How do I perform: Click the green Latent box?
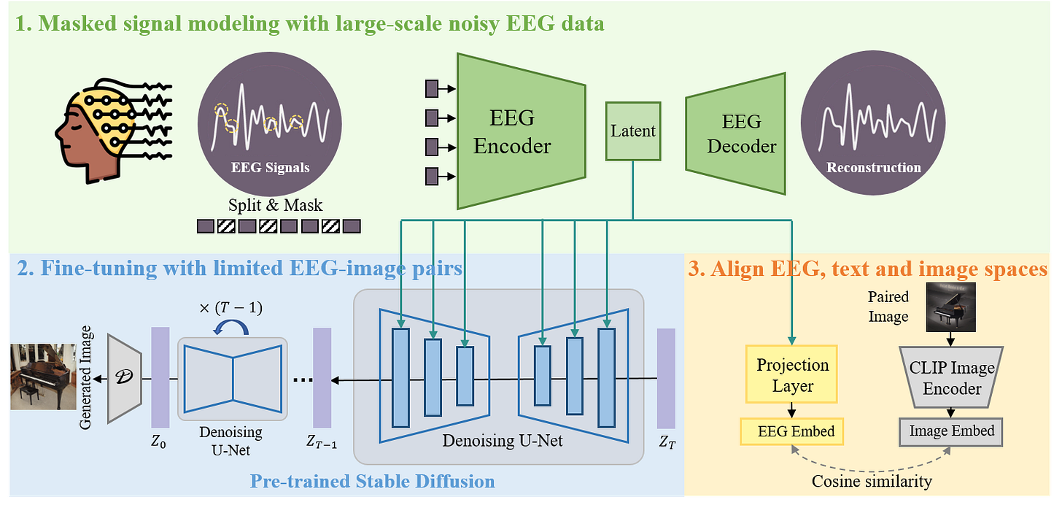pyautogui.click(x=633, y=131)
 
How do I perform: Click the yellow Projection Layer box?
pyautogui.click(x=792, y=374)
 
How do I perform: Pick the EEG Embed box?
pyautogui.click(x=792, y=431)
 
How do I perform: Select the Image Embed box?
pyautogui.click(x=951, y=431)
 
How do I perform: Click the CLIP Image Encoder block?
pyautogui.click(x=951, y=377)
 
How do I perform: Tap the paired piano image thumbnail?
pyautogui.click(x=952, y=307)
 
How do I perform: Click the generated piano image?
pyautogui.click(x=43, y=377)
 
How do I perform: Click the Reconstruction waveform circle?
pyautogui.click(x=873, y=125)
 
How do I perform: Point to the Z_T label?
pyautogui.click(x=667, y=442)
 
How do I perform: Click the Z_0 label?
pyautogui.click(x=158, y=442)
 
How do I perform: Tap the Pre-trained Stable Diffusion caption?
pyautogui.click(x=372, y=482)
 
